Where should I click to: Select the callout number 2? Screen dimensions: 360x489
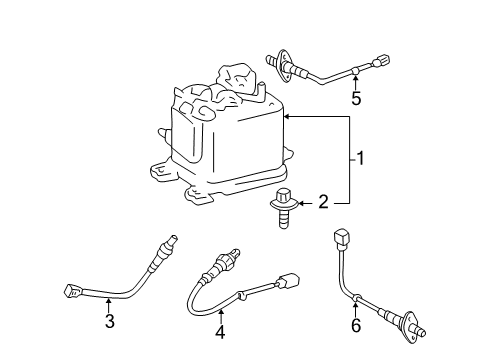tap(323, 203)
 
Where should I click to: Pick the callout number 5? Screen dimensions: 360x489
tap(355, 97)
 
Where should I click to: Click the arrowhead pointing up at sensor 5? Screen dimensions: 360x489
tap(355, 78)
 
